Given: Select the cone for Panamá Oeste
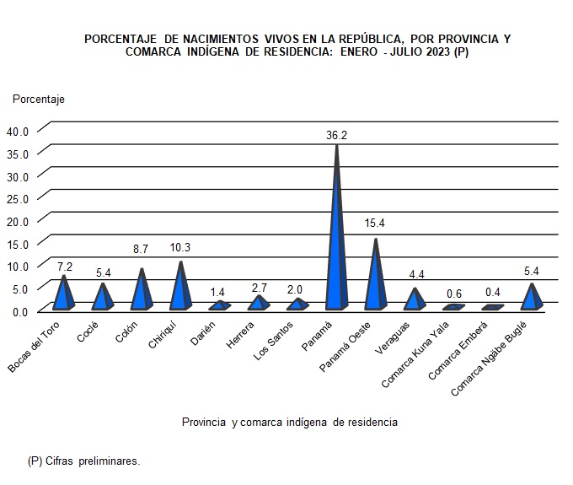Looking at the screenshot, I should [x=376, y=283].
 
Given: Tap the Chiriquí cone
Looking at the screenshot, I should [x=179, y=291].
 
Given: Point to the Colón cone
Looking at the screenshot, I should [x=142, y=293].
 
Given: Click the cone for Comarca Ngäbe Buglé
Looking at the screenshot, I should [x=531, y=299].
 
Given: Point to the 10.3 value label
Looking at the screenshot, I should [x=179, y=248].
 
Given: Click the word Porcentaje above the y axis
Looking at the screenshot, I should [x=38, y=99].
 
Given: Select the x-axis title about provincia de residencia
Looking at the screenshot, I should [x=289, y=421].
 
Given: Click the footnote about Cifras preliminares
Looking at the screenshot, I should [x=83, y=461].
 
